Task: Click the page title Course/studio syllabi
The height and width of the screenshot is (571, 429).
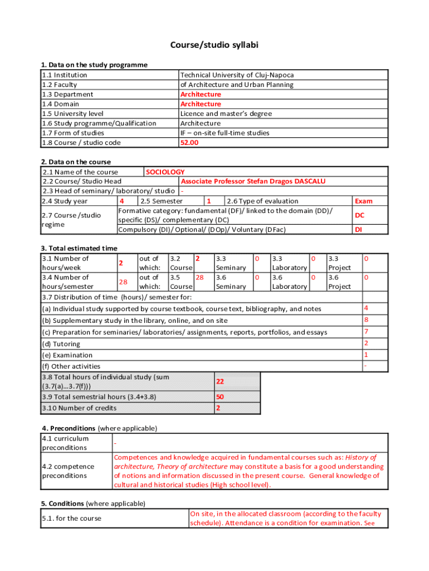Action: pyautogui.click(x=214, y=45)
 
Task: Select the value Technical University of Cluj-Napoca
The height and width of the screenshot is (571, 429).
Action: pyautogui.click(x=236, y=75)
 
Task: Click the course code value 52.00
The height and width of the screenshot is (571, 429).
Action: pyautogui.click(x=189, y=142)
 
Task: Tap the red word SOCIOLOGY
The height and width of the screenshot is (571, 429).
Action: pyautogui.click(x=165, y=172)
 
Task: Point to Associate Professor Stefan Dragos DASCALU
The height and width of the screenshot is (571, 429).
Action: pyautogui.click(x=253, y=181)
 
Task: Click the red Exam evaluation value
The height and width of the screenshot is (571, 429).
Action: pyautogui.click(x=363, y=201)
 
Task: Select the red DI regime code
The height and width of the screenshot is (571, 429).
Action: pyautogui.click(x=359, y=229)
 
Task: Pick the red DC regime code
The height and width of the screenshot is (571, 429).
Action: pyautogui.click(x=359, y=215)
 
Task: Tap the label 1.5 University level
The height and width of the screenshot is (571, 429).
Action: pyautogui.click(x=72, y=113)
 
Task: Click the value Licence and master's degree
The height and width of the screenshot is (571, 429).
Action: pyautogui.click(x=226, y=113)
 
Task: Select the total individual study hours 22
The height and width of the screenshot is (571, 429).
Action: pyautogui.click(x=220, y=381)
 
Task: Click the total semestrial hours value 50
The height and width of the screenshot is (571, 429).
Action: pyautogui.click(x=220, y=397)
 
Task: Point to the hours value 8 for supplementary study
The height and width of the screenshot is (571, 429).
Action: pyautogui.click(x=366, y=320)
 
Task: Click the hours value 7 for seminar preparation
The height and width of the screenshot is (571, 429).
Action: pyautogui.click(x=366, y=332)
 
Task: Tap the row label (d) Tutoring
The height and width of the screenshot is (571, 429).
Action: pyautogui.click(x=61, y=344)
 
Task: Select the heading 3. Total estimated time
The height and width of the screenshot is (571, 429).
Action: pyautogui.click(x=79, y=248)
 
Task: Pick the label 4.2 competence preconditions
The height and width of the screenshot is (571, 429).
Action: pyautogui.click(x=68, y=471)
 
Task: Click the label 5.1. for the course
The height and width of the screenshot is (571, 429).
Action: pyautogui.click(x=71, y=518)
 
